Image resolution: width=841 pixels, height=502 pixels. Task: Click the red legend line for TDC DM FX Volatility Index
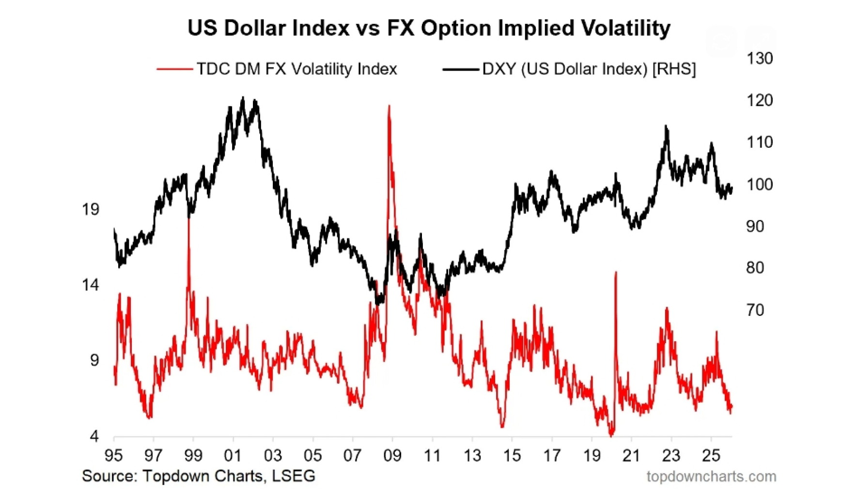[x=174, y=69]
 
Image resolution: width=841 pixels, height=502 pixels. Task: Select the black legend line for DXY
[x=460, y=69]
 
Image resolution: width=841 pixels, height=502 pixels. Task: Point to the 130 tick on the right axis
[x=759, y=59]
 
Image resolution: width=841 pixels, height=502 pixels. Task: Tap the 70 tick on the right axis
[x=755, y=310]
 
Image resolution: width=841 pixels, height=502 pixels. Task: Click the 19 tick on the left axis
[x=91, y=209]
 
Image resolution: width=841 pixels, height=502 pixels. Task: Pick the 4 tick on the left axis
[x=94, y=436]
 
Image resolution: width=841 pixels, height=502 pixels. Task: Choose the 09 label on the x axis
[x=392, y=455]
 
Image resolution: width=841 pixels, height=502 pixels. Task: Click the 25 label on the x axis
[x=711, y=455]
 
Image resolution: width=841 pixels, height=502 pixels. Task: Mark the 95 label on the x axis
[x=114, y=455]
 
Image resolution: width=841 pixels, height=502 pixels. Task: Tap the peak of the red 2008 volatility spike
[x=389, y=106]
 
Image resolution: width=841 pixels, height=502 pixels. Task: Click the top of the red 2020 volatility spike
[x=616, y=272]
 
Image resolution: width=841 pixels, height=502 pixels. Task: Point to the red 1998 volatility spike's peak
[x=188, y=219]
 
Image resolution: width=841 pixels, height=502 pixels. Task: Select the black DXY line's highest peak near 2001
[x=243, y=98]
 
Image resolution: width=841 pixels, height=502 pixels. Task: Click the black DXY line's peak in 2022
[x=666, y=126]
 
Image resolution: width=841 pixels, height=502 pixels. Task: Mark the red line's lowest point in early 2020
[x=612, y=434]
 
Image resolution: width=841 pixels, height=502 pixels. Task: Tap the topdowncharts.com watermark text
[x=711, y=476]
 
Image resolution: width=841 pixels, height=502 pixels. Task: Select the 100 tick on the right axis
[x=759, y=184]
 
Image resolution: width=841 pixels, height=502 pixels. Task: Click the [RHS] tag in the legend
[x=674, y=69]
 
